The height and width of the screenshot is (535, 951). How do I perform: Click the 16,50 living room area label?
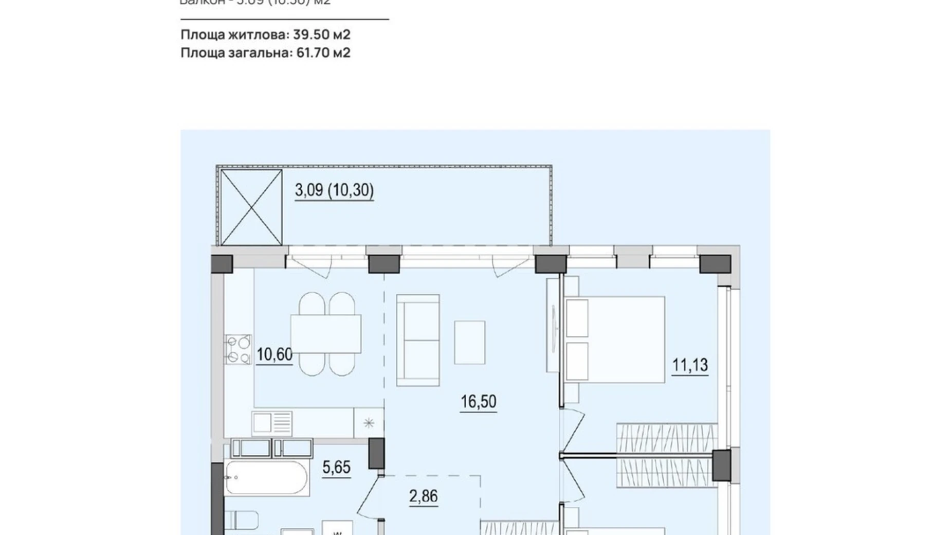[478, 401]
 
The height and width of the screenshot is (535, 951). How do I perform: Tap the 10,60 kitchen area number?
[275, 354]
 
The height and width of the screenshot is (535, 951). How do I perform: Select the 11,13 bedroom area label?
[690, 365]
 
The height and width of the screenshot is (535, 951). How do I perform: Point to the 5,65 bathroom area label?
[336, 467]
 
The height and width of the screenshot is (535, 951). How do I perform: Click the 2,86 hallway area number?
[423, 496]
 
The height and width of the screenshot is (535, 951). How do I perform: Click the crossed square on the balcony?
[251, 207]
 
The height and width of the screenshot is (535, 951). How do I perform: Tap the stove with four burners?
[238, 349]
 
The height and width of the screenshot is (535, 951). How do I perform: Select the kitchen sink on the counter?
[272, 423]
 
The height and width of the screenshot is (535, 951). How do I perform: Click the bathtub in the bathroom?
[266, 478]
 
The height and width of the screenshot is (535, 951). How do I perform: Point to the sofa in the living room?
[418, 340]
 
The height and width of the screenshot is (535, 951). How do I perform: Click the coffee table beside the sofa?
[469, 342]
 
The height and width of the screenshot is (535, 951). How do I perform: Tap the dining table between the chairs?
[325, 334]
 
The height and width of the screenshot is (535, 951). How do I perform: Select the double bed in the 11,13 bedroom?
[615, 339]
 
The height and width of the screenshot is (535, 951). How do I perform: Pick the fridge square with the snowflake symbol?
[369, 423]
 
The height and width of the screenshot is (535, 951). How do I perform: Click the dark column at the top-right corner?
[715, 264]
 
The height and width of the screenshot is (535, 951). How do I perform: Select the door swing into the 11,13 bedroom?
[573, 430]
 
